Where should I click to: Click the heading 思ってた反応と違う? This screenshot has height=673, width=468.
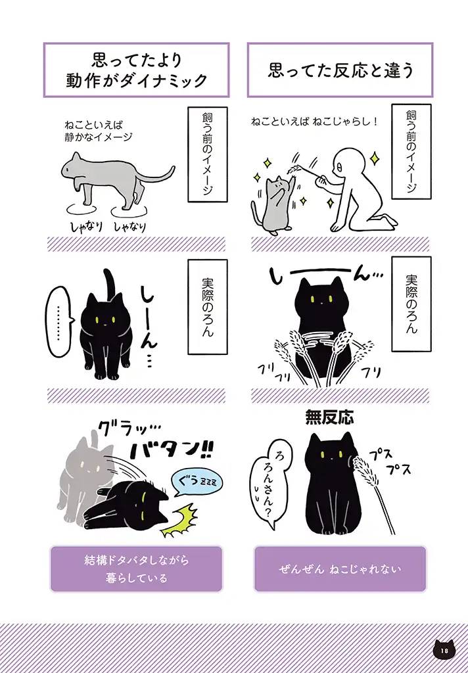pos(340,70)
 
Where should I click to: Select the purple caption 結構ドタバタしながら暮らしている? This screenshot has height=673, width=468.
pos(136,569)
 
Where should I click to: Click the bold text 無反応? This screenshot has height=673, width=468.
pos(329,417)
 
